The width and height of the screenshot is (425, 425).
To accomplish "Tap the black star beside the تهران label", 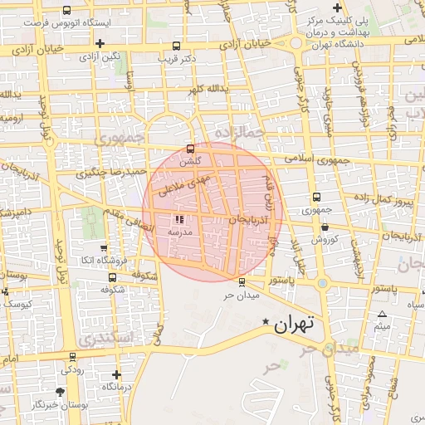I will pos(266,321).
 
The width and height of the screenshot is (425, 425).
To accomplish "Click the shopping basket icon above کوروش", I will pos(324,227).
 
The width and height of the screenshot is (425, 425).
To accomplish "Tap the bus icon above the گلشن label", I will pos(190,149).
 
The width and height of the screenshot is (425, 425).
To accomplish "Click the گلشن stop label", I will pos(190,161).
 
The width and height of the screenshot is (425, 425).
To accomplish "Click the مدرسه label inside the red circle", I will pos(180,232).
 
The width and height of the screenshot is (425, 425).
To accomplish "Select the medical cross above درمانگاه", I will pos(115,374).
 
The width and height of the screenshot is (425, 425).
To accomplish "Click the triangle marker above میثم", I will pos(382,314).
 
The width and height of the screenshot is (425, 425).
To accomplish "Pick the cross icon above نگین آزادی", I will pos(100,43).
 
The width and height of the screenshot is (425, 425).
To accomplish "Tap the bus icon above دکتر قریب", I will pos(175,46).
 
